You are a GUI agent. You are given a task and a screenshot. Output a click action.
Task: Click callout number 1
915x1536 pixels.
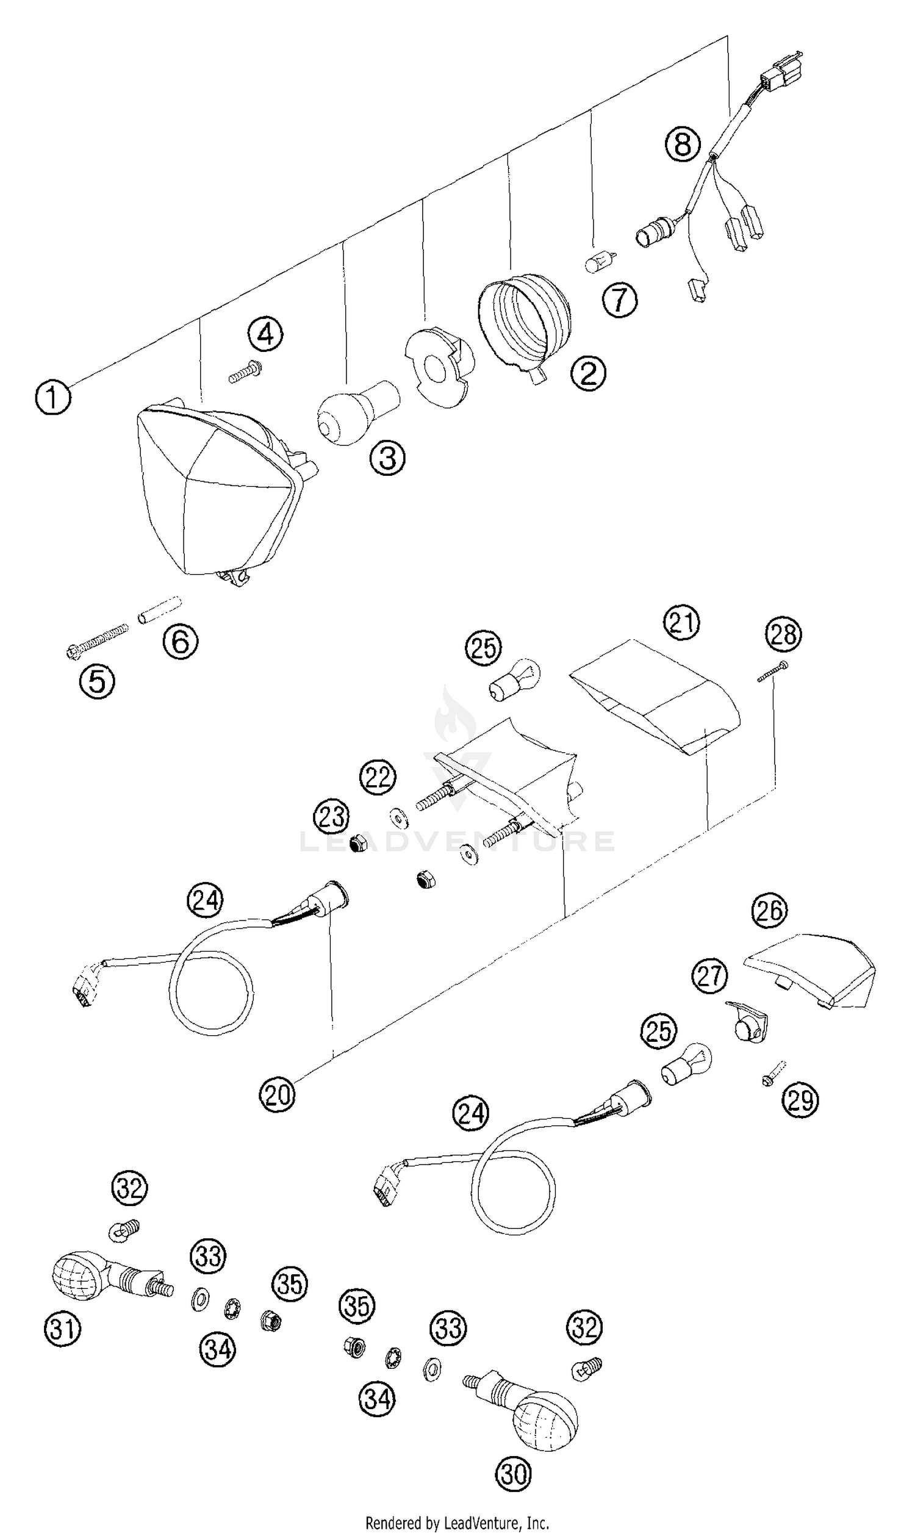coord(53,397)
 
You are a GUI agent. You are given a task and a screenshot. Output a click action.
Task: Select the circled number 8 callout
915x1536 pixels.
coord(683,146)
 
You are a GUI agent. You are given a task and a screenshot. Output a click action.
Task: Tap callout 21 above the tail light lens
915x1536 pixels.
coord(682,623)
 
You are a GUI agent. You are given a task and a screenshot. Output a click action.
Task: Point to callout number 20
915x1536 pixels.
coord(278,1095)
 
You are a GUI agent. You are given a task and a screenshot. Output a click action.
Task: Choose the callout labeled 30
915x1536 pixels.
coord(513,1475)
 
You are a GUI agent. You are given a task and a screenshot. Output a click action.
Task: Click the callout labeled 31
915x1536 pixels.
coord(62,1329)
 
